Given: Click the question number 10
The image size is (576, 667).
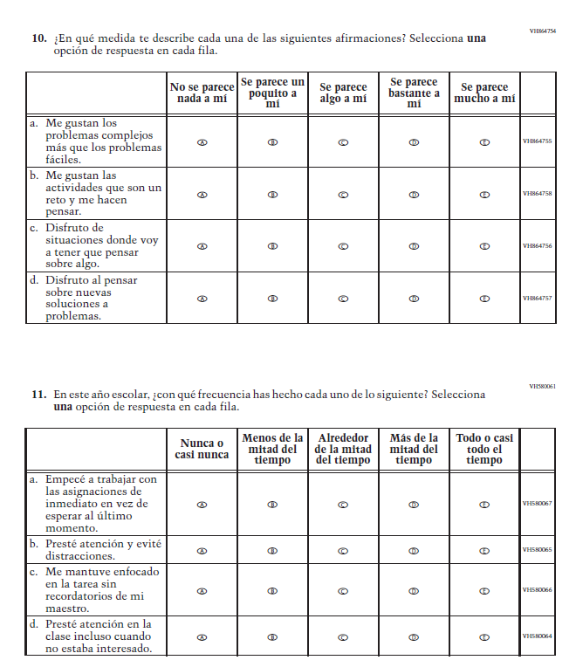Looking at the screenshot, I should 38,38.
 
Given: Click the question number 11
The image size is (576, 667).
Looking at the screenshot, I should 38,395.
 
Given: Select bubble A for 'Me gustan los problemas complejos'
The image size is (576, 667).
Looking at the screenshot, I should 202,141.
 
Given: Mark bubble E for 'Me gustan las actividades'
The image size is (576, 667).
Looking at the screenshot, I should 484,194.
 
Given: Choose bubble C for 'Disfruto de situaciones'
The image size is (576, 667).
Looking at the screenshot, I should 343,246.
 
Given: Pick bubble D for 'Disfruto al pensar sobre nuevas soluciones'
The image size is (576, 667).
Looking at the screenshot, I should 414,299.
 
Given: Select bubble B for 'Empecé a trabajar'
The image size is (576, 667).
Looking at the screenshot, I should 272,504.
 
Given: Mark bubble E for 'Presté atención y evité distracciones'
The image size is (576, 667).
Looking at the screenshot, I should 484,550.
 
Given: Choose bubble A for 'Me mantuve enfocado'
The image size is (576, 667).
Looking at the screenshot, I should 202,590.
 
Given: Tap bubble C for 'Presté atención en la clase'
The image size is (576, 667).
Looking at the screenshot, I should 343,636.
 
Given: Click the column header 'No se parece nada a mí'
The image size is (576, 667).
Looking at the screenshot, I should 202,93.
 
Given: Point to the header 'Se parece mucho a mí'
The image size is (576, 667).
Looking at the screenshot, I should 484,93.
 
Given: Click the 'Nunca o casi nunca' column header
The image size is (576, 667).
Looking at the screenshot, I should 202,449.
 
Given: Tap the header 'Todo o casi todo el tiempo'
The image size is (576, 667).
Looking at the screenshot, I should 484,449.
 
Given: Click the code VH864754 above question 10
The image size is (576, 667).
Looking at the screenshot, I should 542,31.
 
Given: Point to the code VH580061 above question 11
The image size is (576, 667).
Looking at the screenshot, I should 542,386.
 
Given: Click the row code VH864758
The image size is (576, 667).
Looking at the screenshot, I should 537,194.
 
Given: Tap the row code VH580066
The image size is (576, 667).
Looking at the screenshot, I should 537,590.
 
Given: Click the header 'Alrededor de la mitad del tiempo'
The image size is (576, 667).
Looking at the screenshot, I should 343,449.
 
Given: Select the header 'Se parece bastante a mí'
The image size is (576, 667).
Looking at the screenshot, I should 414,93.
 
